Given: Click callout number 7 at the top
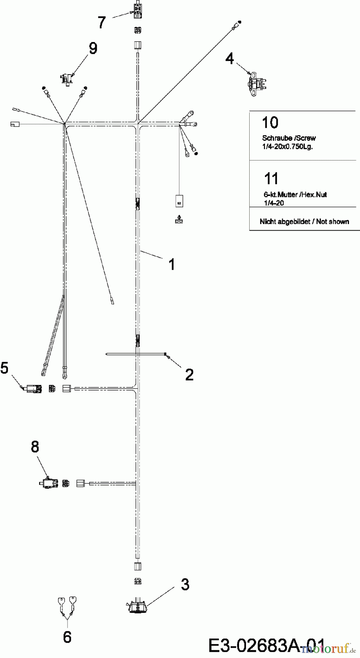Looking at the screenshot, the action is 102,23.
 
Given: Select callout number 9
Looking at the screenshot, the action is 93,48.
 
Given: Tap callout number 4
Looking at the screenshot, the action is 230,58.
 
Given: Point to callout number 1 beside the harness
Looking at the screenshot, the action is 172,264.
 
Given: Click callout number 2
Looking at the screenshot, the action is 189,374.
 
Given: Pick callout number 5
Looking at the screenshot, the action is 4,368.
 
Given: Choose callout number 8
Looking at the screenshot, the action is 35,446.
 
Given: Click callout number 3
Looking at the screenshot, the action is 185,585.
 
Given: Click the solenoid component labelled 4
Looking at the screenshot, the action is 257,83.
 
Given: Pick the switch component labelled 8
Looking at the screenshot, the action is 48,483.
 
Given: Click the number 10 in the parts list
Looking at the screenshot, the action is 270,122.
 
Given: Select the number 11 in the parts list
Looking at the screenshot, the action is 271,179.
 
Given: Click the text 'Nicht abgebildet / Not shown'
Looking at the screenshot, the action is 304,222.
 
